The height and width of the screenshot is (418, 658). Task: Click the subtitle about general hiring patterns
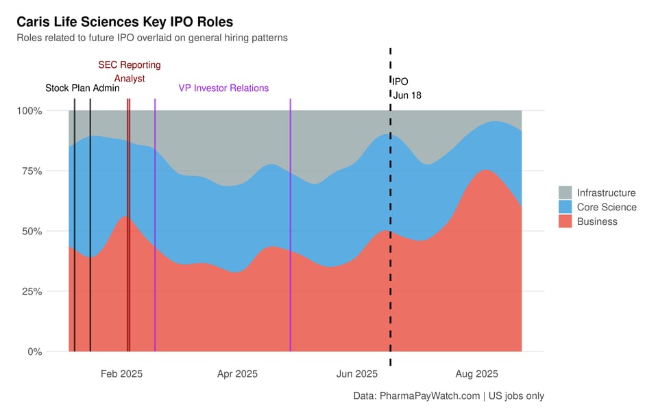click(x=152, y=38)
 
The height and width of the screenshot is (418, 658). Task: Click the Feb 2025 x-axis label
click(x=121, y=373)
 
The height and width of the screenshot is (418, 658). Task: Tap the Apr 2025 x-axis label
click(x=237, y=373)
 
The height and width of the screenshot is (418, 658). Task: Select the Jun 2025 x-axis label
click(x=356, y=373)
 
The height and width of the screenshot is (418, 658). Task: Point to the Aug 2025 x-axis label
click(x=477, y=373)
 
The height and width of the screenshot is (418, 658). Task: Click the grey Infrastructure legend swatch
click(x=565, y=193)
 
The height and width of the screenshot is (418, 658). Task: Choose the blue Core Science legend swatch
click(x=565, y=207)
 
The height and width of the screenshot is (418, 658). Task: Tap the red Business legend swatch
click(x=565, y=221)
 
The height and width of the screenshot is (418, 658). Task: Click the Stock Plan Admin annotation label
click(x=82, y=88)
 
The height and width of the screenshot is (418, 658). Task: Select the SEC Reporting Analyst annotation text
click(x=130, y=71)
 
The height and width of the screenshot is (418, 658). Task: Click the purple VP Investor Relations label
click(x=223, y=88)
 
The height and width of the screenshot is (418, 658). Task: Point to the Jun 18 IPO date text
click(x=407, y=95)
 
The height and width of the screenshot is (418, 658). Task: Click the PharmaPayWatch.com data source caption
click(x=448, y=395)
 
